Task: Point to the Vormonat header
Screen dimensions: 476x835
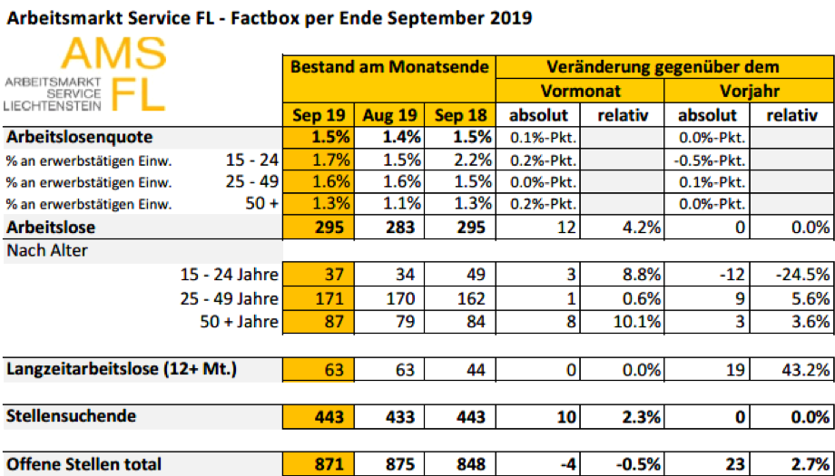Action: coord(580,92)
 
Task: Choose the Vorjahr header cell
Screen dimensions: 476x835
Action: coord(750,92)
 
